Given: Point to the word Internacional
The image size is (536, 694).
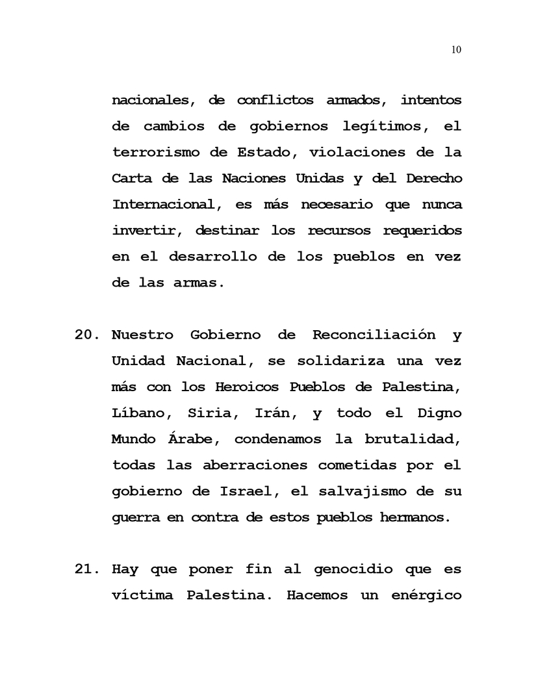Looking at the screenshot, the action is click(162, 205).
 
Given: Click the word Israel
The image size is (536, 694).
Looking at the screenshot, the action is click(244, 491).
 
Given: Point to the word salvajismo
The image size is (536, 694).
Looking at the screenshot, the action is click(373, 491).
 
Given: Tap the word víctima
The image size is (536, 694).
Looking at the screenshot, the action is click(143, 595).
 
